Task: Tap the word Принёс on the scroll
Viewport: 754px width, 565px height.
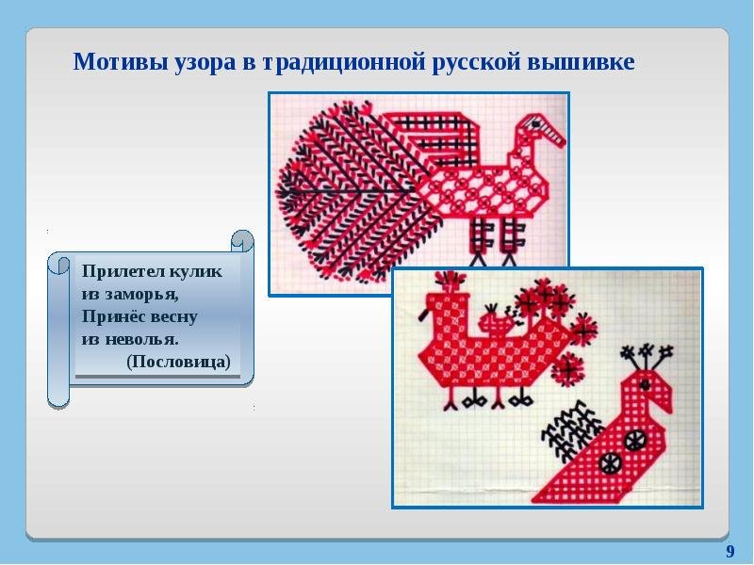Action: pos(113,317)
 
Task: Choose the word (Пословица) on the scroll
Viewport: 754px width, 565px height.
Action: pos(178,362)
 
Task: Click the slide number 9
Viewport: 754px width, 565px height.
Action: pos(729,551)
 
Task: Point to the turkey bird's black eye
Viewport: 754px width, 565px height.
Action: pos(535,124)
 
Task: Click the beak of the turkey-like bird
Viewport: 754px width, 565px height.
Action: pos(553,132)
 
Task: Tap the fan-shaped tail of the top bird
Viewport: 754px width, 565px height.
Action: pos(351,192)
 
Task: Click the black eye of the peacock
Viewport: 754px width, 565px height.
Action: pos(646,384)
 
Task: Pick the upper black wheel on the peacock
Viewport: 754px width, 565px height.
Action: pos(635,439)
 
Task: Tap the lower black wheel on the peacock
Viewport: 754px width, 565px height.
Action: pos(610,463)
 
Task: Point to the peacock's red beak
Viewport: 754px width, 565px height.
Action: pos(666,398)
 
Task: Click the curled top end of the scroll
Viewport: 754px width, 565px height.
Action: pos(242,240)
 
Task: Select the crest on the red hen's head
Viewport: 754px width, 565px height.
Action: pos(451,281)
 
